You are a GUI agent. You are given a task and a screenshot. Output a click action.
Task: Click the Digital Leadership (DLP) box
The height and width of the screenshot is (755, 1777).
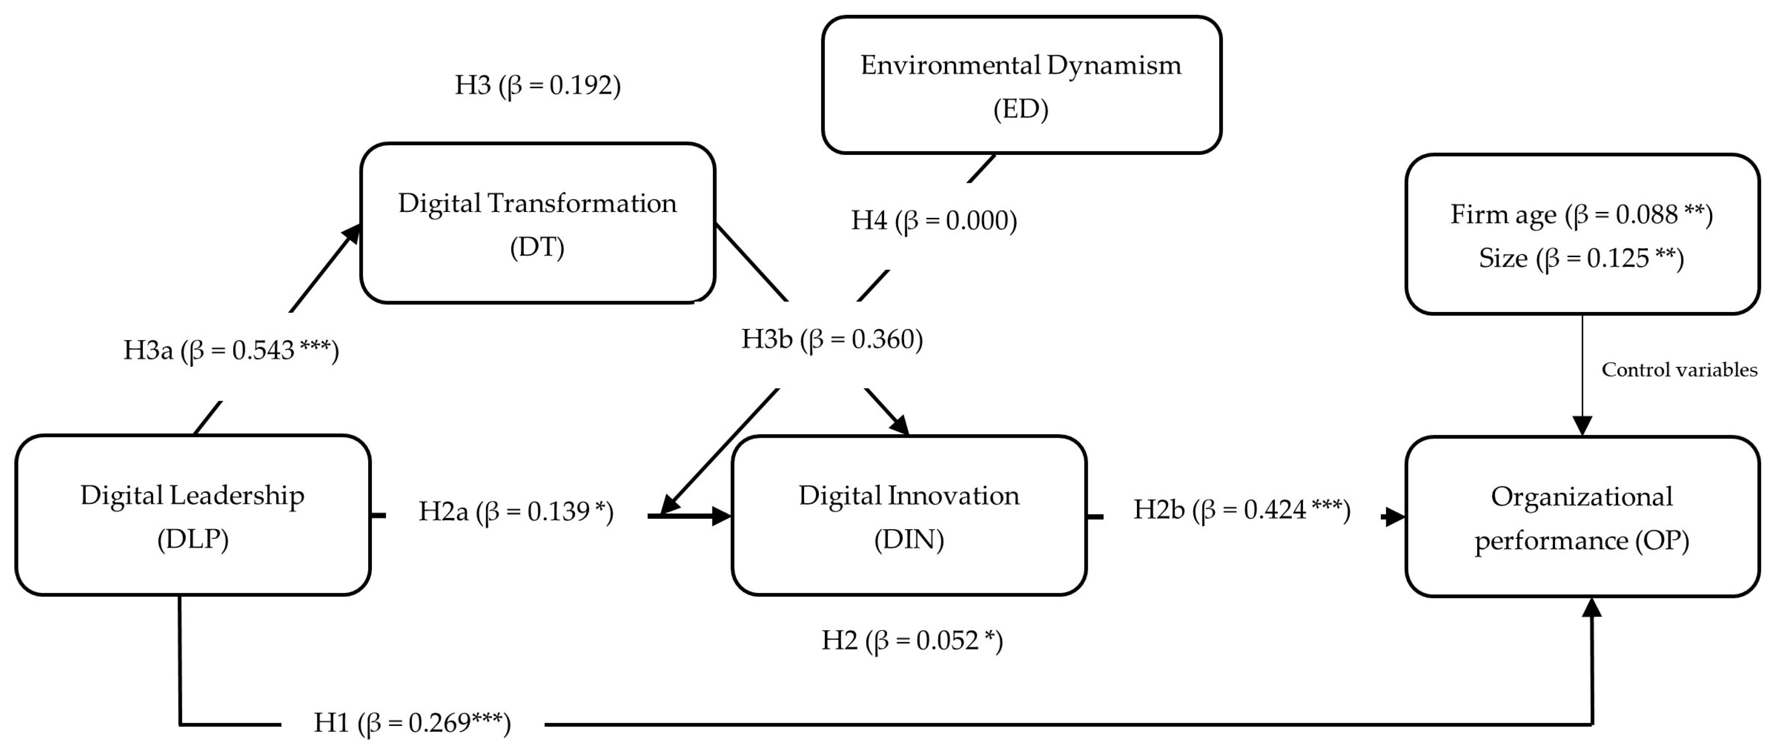[192, 515]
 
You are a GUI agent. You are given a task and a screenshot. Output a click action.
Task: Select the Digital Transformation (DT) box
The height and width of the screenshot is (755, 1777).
[537, 223]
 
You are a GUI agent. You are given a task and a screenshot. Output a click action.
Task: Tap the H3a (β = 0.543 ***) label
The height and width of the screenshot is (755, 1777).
[231, 350]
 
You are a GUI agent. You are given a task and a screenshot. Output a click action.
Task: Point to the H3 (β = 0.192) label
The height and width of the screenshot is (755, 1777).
[537, 85]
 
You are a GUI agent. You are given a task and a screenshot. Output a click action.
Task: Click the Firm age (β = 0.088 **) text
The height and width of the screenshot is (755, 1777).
[1581, 214]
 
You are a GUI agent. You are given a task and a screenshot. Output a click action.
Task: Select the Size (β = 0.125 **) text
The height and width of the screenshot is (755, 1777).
[1581, 258]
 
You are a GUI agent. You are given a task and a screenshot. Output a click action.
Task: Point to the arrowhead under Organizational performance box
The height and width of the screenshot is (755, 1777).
[1592, 607]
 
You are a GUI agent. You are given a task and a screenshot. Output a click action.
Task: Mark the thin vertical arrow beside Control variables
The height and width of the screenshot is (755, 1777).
[1582, 372]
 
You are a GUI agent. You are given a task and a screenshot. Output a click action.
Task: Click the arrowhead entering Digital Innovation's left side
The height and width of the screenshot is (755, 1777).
[721, 516]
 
